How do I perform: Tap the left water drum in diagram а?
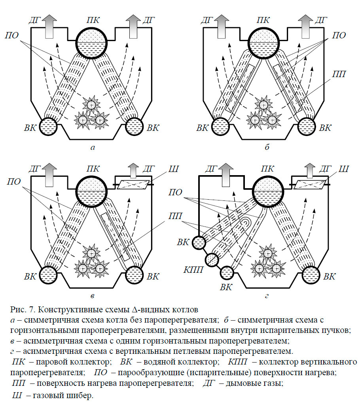point(48,127)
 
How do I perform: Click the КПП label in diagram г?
point(193,270)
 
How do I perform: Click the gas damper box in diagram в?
point(134,185)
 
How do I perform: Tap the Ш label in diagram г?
point(343,169)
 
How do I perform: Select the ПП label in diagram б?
point(339,74)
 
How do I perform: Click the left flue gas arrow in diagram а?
point(49,26)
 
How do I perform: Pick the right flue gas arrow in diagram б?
point(305,26)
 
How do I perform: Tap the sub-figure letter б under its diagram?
point(267,147)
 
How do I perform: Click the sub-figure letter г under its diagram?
point(267,296)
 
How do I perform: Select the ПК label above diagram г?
point(267,169)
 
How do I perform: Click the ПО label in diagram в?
point(13,181)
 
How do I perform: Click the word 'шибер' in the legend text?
point(80,395)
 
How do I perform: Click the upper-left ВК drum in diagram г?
point(199,242)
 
